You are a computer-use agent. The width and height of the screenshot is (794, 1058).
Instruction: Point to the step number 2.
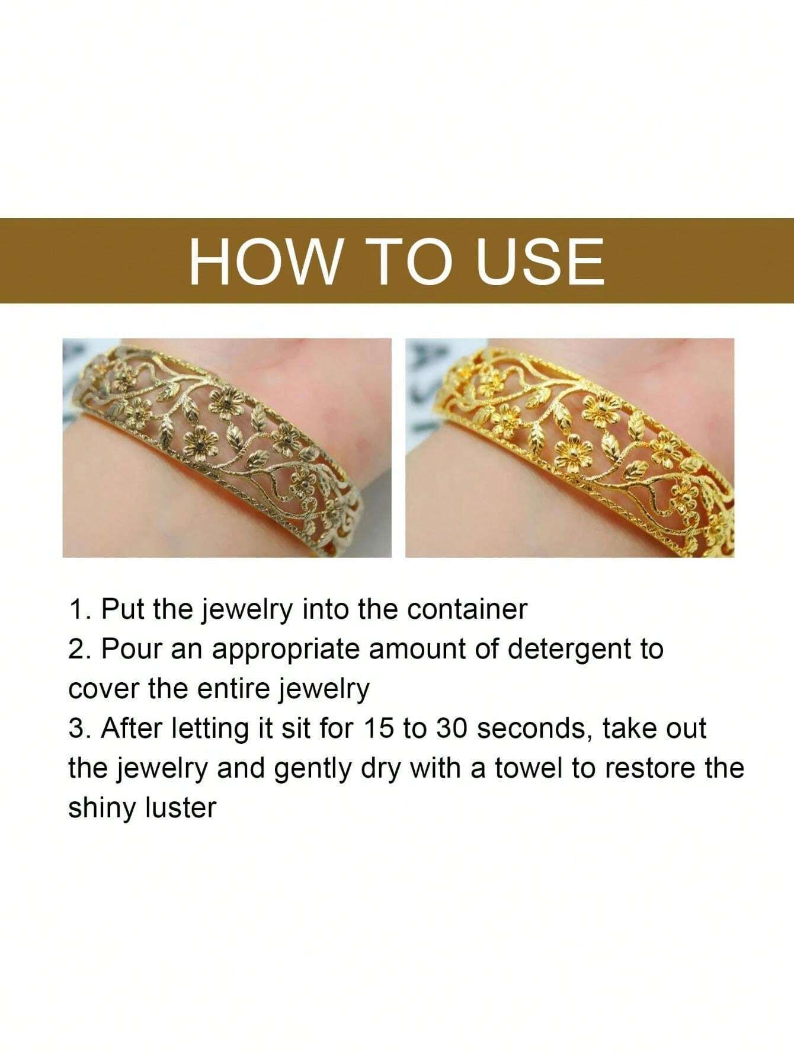pos(76,650)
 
